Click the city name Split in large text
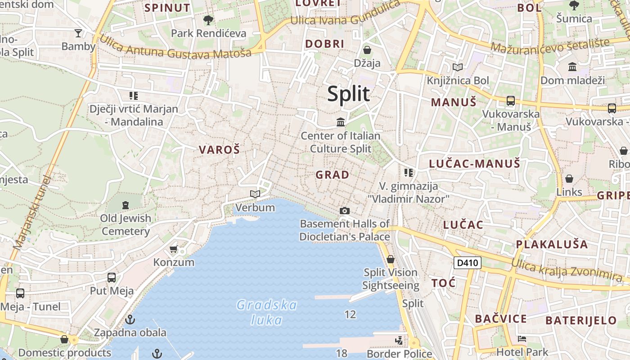coord(349,94)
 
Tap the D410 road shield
coord(468,263)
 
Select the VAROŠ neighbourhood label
coord(220,150)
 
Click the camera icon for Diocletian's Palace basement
coord(345,211)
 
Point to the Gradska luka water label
coord(267,312)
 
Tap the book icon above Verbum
coord(255,194)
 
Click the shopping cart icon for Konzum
coord(174,249)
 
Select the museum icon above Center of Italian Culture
coord(341,122)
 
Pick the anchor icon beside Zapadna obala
coord(130,319)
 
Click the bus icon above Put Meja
coord(112,277)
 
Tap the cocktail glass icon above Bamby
coord(78,33)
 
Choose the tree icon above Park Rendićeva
coord(208,20)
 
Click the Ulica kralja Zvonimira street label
coord(567,269)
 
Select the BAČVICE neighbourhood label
coord(501,319)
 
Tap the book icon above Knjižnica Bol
coord(458,67)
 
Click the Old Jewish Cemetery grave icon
coord(126,205)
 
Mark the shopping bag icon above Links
coord(569,179)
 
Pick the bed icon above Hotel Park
coord(522,339)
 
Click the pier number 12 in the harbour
coord(350,315)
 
